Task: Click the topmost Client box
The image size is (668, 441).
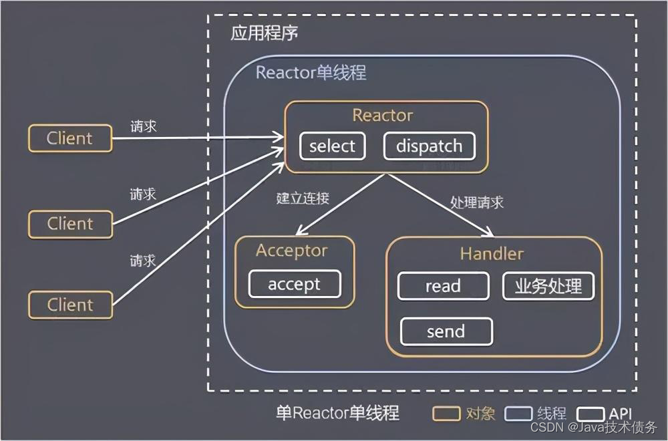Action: [69, 138]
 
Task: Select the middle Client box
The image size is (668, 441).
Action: [69, 223]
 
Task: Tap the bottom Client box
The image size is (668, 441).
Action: [69, 305]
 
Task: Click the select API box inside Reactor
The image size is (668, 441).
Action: [332, 146]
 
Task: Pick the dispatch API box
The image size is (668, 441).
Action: [429, 146]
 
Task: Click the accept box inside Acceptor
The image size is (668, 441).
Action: [294, 284]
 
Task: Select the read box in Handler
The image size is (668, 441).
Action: [443, 287]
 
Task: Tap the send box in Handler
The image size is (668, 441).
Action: [446, 331]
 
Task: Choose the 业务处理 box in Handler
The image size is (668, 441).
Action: [548, 287]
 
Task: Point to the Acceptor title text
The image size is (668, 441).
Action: [292, 251]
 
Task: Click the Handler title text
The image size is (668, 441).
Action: [492, 254]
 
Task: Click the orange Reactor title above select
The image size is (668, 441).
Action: [383, 116]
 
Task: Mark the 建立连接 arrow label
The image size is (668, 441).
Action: [302, 198]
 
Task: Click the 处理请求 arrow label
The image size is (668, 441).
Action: [476, 202]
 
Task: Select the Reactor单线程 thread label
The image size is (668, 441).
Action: [311, 72]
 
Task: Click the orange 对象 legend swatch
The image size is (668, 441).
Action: [446, 413]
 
